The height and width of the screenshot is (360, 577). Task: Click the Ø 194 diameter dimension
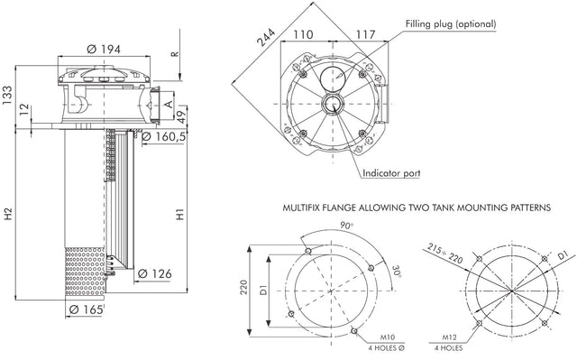pos(104,49)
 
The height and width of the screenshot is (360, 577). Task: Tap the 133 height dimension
pos(7,96)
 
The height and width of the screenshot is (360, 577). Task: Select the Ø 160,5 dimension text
pos(163,136)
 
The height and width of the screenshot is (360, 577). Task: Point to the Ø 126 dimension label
pos(154,274)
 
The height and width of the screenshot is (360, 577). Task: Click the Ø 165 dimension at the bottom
pos(87,310)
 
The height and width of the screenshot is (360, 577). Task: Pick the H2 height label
pos(8,214)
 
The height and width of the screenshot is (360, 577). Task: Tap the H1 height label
pos(180,214)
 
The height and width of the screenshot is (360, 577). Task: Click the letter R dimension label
pos(175,54)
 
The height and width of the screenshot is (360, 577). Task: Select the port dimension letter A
pos(169,105)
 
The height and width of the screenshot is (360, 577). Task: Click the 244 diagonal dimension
pos(266,38)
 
